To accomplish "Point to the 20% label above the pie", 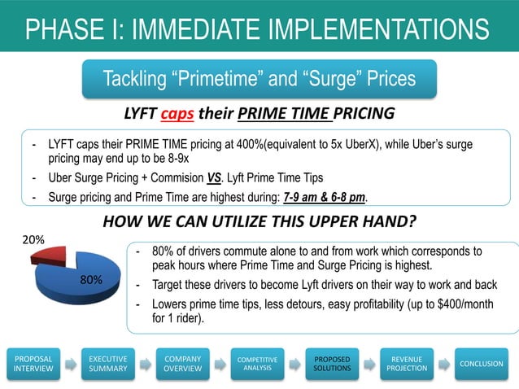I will pos(33,240).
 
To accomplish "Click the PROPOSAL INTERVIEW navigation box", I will pos(33,363).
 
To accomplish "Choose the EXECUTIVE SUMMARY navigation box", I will pos(107,363).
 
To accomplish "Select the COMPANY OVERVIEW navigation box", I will pos(183,363).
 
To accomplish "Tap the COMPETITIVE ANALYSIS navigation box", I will pos(257,363).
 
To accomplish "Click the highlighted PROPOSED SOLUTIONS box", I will pos(332,363).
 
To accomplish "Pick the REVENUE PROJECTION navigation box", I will pos(407,363).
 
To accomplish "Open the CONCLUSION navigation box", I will pos(481,363).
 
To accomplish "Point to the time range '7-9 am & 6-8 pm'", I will pos(324,197).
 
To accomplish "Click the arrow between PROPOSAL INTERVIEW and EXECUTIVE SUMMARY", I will pos(71,364).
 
